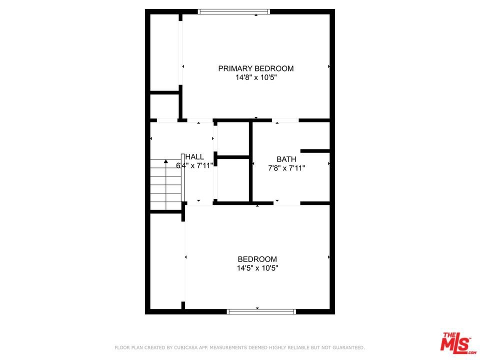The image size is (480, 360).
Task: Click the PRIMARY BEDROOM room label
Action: [255, 68]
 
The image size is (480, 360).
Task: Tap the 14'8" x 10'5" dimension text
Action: [256, 77]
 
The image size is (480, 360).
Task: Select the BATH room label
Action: [286, 159]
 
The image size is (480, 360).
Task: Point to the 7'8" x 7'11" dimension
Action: [286, 168]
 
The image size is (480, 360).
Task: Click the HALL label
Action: [194, 157]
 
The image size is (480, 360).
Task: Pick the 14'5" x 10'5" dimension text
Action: [257, 268]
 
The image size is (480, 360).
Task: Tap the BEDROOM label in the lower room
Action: [257, 259]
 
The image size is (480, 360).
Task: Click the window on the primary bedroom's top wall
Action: [233, 11]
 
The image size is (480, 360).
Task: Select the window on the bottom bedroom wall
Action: [261, 311]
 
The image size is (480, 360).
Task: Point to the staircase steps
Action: [165, 184]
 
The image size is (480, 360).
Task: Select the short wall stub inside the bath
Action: [315, 151]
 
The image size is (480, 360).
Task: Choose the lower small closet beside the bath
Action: [233, 180]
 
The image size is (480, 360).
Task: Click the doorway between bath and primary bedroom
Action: [285, 120]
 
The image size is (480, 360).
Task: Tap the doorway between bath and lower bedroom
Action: [287, 203]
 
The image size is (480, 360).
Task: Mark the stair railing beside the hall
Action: [183, 177]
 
